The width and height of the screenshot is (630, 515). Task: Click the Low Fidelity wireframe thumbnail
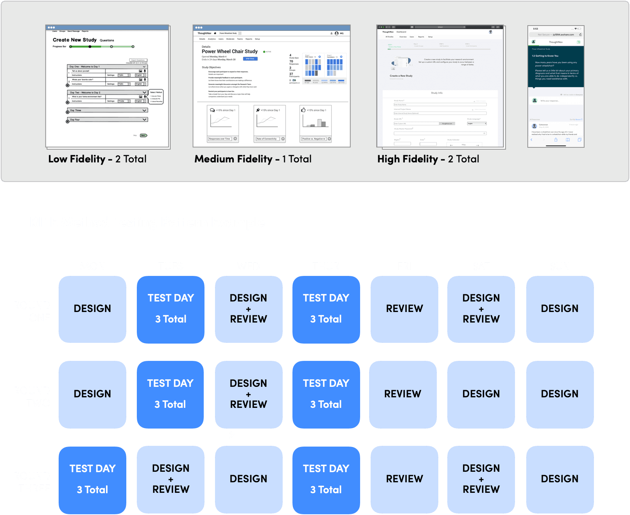108,86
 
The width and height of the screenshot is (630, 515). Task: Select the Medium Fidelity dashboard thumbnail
271,86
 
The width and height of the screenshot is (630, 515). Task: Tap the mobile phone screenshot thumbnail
556,86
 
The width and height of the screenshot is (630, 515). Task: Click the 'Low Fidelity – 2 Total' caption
97,159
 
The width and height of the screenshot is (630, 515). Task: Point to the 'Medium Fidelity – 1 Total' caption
253,159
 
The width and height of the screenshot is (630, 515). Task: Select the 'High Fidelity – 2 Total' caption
428,159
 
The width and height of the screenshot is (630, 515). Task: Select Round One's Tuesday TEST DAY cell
171,309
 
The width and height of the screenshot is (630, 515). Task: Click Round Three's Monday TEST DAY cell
92,480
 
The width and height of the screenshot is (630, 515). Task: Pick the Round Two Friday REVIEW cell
403,394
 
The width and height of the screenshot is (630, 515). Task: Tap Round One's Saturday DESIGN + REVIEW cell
481,309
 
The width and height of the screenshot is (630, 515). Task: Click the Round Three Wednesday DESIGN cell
248,479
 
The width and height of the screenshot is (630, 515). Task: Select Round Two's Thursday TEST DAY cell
326,394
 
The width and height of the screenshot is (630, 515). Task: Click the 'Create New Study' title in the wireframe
74,40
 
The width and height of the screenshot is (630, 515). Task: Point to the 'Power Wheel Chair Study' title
230,51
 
